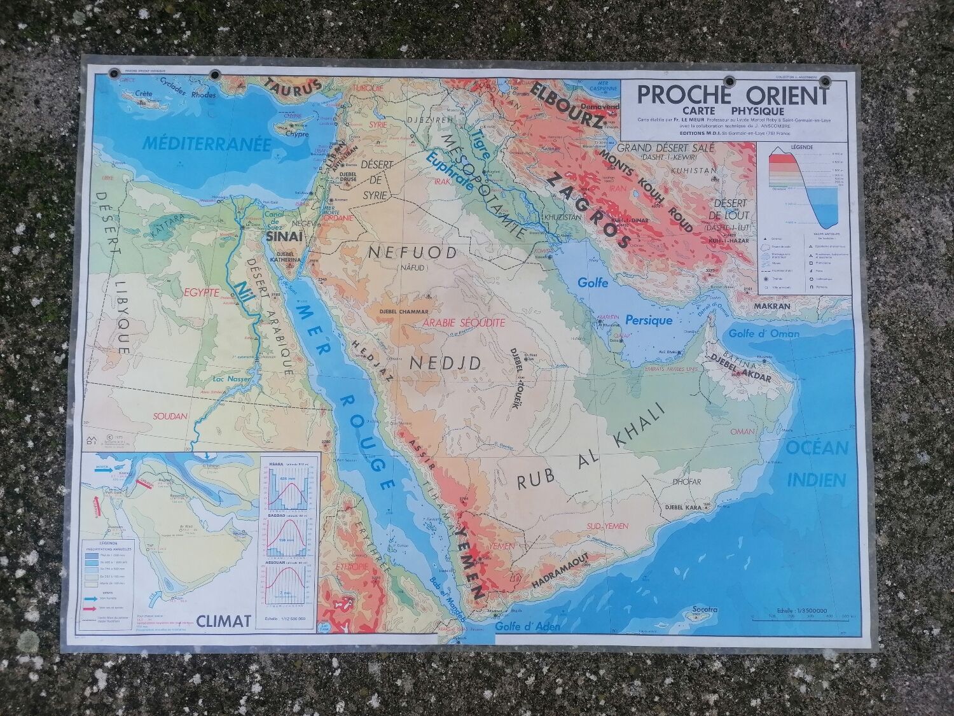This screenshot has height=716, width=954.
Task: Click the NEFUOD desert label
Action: (412, 253)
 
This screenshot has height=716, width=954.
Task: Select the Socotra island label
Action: (703, 610)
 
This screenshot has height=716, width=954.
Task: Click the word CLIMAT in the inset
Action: (223, 619)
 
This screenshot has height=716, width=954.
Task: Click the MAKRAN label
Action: (772, 306)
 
